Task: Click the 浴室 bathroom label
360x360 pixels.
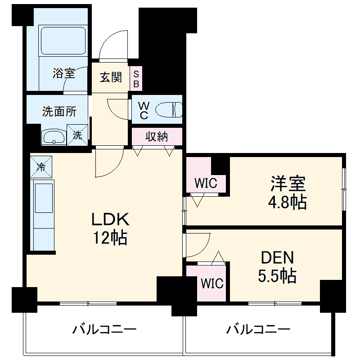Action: (x=64, y=73)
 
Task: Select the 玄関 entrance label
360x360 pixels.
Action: (x=111, y=77)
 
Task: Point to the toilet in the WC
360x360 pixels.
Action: (x=169, y=109)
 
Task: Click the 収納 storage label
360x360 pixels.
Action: (x=157, y=137)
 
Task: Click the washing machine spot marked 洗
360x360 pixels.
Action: (x=77, y=135)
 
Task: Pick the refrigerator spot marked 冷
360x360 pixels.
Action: (x=41, y=167)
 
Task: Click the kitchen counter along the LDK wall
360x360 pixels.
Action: (x=42, y=214)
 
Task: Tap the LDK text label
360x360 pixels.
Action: (x=111, y=220)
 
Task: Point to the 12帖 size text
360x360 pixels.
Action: (x=111, y=237)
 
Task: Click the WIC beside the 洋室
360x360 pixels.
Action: (x=206, y=183)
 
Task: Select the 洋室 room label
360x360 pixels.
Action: (x=288, y=184)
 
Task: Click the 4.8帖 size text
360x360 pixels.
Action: (x=288, y=202)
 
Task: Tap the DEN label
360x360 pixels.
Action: (x=278, y=258)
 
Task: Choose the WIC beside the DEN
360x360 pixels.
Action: (x=212, y=283)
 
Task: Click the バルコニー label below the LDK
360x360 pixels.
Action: (x=104, y=330)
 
